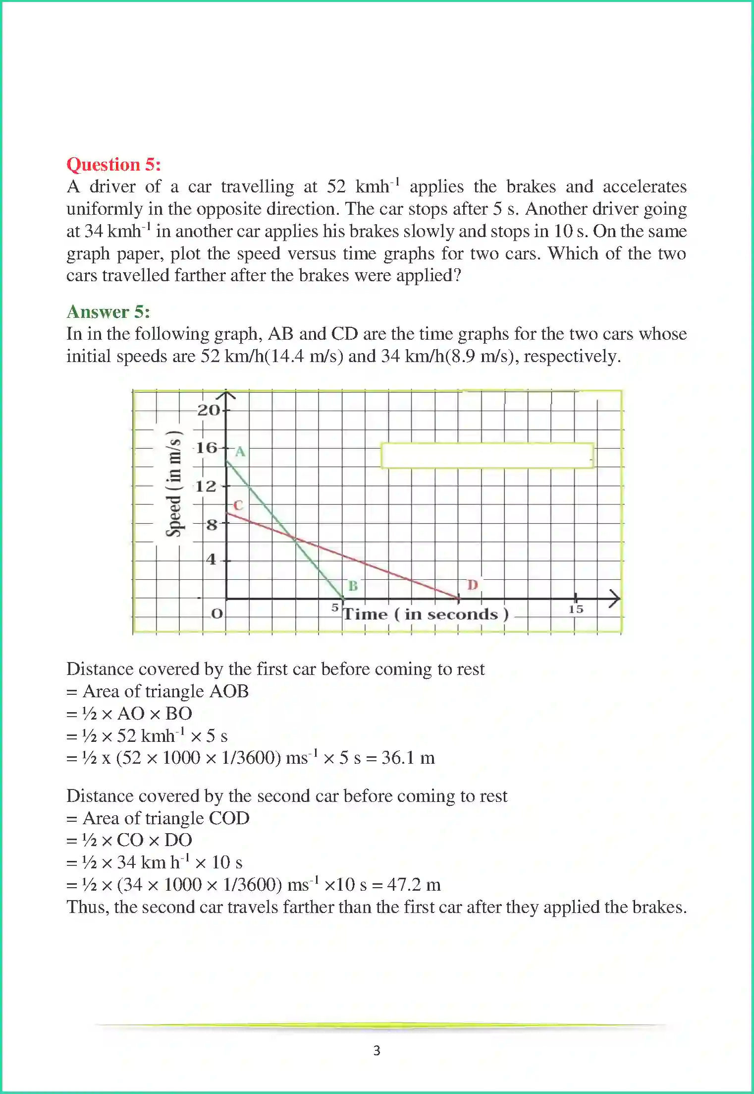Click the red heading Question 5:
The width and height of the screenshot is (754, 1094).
113,164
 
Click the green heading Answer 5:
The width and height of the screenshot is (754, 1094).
108,311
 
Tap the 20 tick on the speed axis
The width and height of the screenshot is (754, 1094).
209,410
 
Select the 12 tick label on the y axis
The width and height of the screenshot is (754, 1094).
206,486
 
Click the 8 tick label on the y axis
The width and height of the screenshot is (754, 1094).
212,524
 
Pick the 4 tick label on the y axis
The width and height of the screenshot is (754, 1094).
212,559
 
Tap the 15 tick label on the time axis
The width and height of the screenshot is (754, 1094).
576,609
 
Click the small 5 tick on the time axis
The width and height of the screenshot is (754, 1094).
335,608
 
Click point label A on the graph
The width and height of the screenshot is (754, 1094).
240,451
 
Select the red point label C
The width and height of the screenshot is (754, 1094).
238,505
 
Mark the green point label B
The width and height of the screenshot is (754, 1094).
353,586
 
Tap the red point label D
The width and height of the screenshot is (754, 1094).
473,585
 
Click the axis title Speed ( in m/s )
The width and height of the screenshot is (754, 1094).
174,485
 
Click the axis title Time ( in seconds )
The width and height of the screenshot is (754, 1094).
426,614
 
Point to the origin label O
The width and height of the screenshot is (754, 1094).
217,613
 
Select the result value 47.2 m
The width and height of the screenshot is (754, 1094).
414,884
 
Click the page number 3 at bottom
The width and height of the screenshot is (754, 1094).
377,1050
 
